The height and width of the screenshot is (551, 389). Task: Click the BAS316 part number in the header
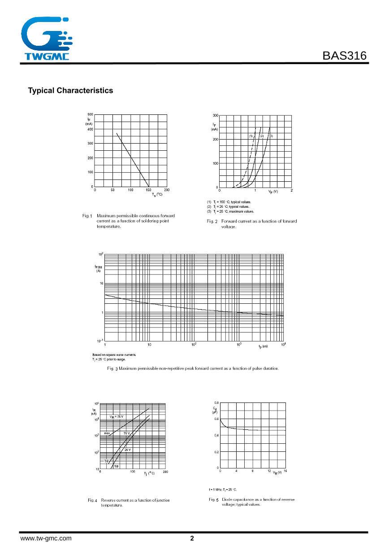point(344,56)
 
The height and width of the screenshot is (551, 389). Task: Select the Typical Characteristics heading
point(70,91)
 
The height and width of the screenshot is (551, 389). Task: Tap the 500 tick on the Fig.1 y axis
point(90,114)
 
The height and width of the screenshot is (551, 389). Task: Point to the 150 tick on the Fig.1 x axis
point(149,190)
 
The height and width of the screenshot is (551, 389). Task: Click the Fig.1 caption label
point(87,216)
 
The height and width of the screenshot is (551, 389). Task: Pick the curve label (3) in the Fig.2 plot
point(271,136)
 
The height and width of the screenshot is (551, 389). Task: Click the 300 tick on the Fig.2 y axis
point(216,115)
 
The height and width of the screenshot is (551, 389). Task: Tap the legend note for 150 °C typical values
point(229,202)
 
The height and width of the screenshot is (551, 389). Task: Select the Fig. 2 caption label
point(212,221)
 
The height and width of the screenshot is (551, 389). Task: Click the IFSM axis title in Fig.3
point(98,267)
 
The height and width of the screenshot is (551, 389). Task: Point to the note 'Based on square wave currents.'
point(114,354)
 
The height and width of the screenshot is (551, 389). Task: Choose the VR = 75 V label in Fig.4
point(117,417)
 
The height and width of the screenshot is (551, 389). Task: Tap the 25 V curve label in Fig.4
point(128,450)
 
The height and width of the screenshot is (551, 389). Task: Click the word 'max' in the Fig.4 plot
point(107,433)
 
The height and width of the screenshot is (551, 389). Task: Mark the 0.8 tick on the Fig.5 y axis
point(216,402)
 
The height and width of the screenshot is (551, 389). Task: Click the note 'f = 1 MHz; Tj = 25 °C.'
point(223,490)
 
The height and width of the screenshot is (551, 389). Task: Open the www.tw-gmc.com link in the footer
point(46,538)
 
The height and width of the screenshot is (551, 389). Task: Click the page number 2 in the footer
point(192,538)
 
